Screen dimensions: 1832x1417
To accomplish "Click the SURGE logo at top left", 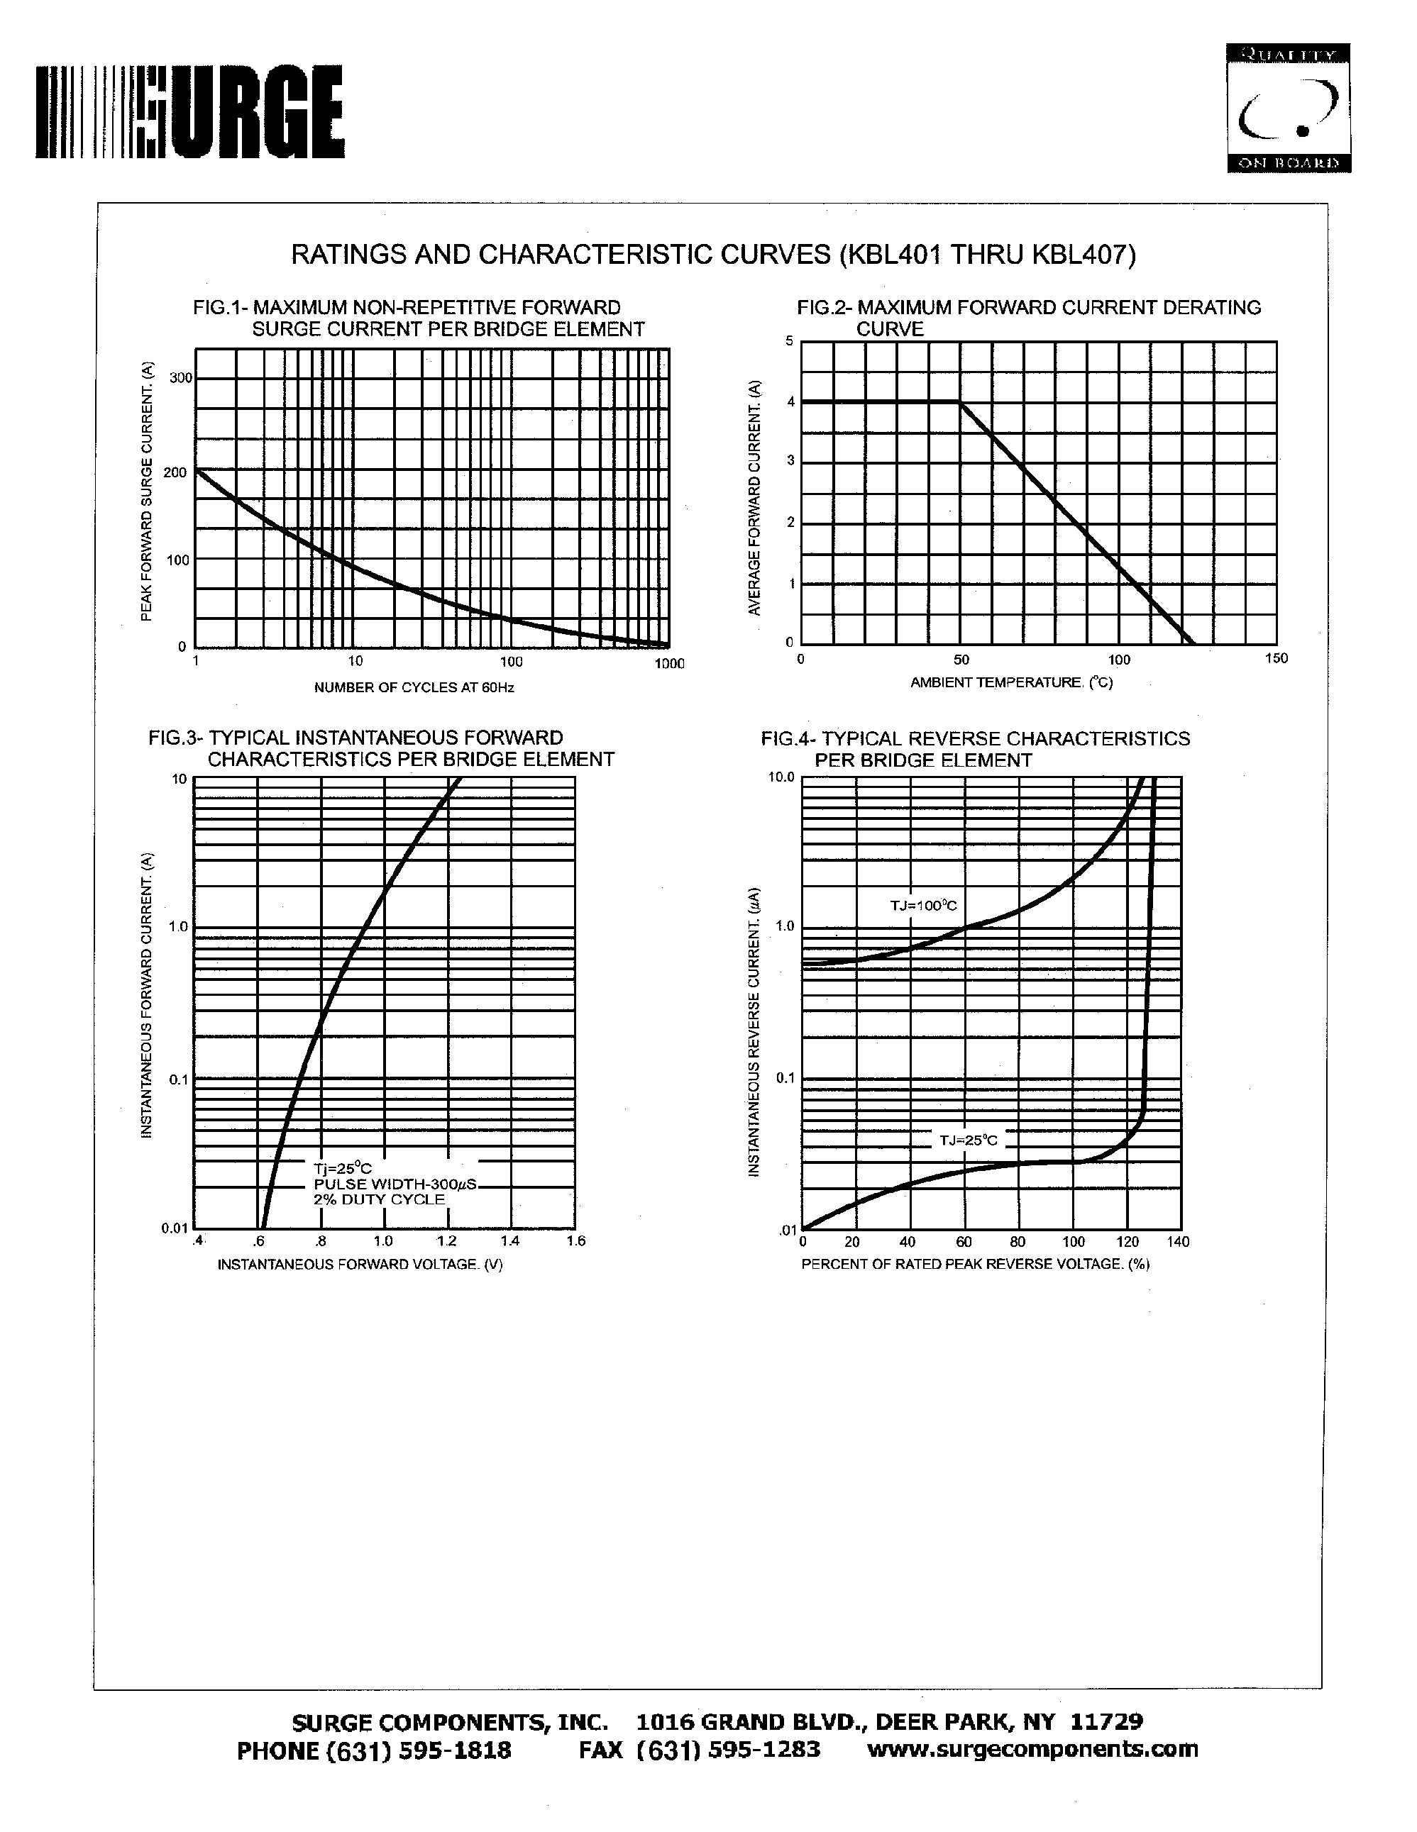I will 189,111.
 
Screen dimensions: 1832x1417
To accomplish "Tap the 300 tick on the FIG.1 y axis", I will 180,378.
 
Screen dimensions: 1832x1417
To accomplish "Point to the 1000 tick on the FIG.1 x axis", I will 670,664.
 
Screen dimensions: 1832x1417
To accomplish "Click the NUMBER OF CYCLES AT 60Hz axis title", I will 414,688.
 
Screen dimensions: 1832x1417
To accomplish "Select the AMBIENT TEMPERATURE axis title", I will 1011,683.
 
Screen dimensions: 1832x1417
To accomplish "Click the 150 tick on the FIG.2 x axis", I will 1276,658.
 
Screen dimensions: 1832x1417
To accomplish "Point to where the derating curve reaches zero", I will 1192,643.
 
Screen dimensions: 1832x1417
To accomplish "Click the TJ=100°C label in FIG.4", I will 923,906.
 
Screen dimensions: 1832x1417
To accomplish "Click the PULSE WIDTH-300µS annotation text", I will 395,1184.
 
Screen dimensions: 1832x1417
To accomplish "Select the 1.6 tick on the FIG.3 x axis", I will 575,1241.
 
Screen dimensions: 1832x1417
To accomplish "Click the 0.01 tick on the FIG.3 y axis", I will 174,1229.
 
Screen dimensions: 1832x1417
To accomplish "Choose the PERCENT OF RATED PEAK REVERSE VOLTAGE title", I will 975,1264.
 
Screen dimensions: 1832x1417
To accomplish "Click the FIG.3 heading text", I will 381,748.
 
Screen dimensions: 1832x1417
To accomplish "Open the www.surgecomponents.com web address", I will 1032,1749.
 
